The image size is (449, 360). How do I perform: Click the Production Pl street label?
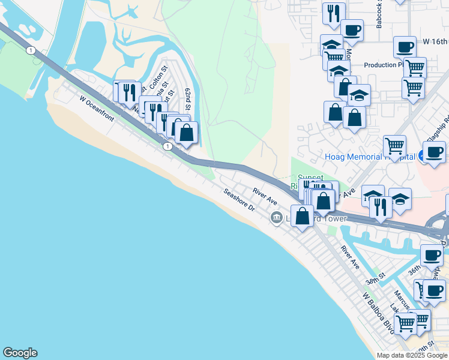[384, 65]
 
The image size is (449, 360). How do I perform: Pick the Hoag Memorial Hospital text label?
[370, 157]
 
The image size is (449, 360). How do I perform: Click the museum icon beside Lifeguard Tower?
[276, 217]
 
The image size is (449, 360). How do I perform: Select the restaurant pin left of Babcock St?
[333, 13]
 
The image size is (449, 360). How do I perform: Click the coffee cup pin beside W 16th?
[405, 47]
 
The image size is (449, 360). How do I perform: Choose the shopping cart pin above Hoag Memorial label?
[394, 146]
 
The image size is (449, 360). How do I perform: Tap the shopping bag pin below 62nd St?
[186, 132]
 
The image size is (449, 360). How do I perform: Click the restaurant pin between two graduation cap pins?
[381, 207]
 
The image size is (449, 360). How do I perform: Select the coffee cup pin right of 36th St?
[432, 255]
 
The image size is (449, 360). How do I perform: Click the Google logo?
[20, 353]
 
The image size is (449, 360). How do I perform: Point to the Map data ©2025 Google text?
[412, 355]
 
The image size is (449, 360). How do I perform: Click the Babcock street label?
[379, 15]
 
